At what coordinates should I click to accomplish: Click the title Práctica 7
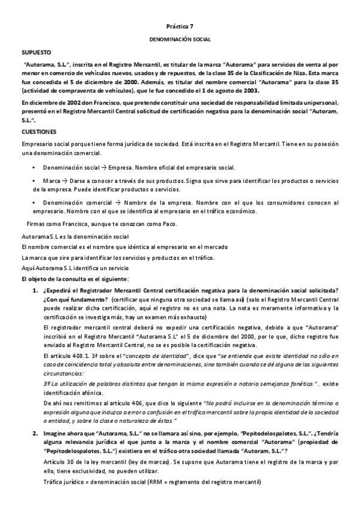click(x=180, y=27)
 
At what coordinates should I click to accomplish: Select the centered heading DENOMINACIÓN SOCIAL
click(x=180, y=39)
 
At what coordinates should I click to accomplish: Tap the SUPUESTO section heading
click(x=37, y=53)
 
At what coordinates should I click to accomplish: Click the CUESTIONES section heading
click(x=39, y=131)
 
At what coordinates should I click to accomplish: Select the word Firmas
click(x=37, y=224)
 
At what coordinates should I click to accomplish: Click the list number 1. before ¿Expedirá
click(x=35, y=291)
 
